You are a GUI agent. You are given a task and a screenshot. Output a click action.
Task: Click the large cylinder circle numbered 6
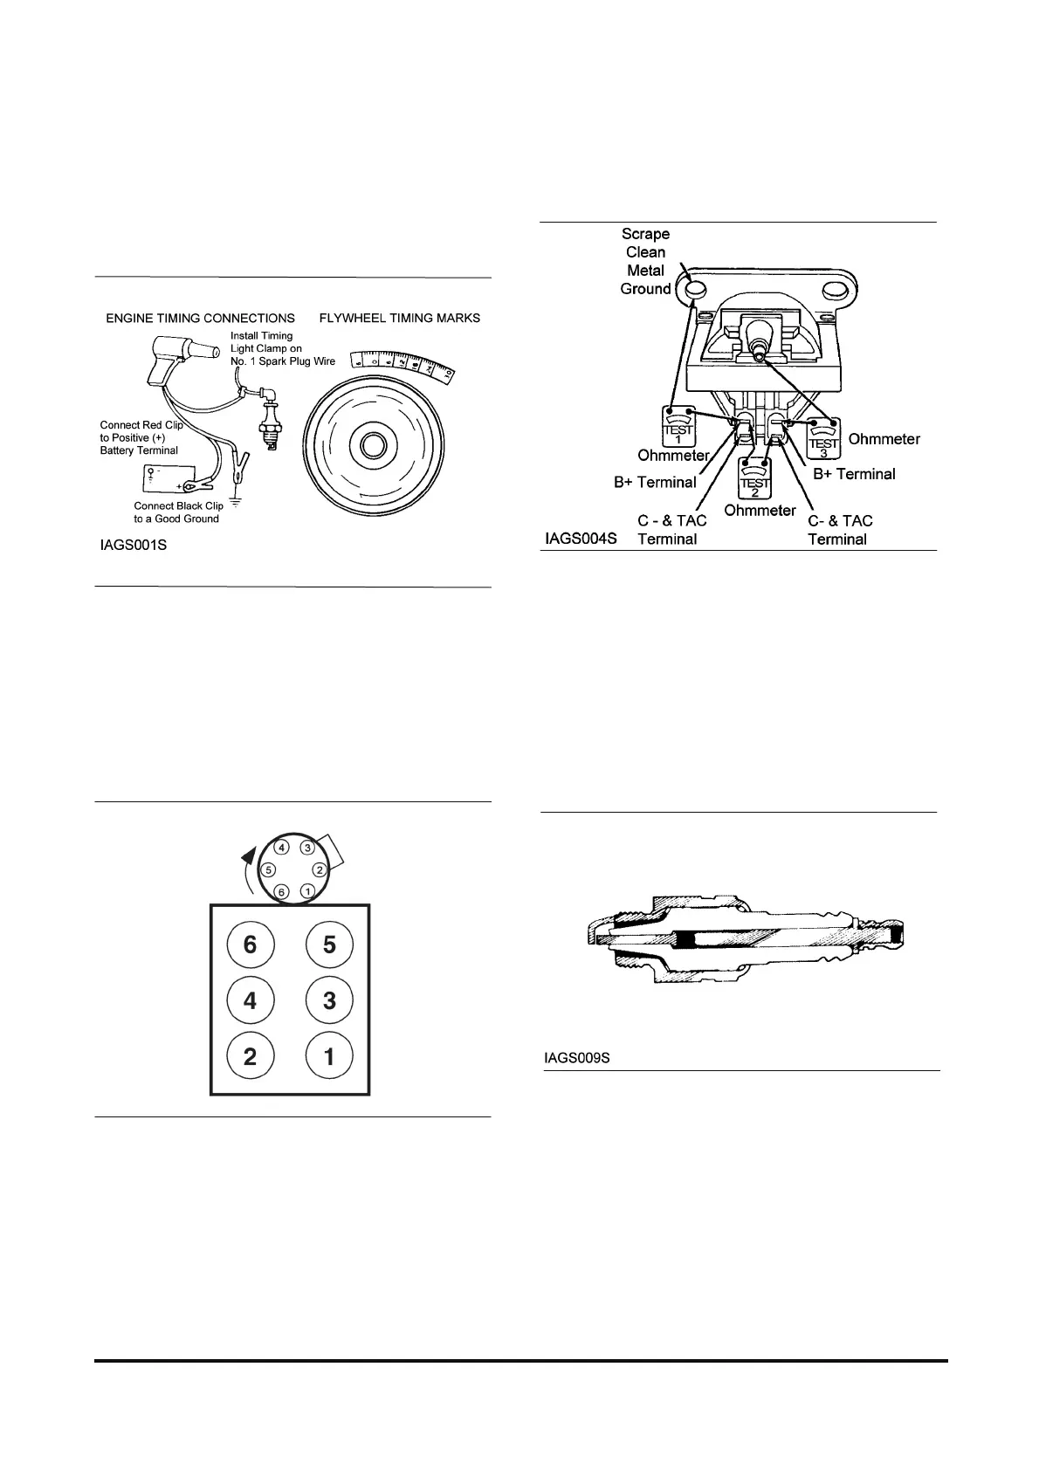(x=251, y=945)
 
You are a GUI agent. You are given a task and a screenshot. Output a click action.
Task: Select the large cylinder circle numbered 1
(x=329, y=1057)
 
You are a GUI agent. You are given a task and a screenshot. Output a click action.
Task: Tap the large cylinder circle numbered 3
(x=329, y=1000)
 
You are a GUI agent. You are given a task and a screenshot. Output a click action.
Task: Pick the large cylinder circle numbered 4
(x=251, y=1000)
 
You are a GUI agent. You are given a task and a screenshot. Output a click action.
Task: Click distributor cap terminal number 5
(x=269, y=869)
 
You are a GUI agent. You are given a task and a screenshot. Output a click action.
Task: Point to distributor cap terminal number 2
(x=320, y=869)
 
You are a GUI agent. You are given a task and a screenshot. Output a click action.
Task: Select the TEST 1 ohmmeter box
(x=678, y=426)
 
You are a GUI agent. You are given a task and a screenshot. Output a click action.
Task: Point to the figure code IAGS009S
(x=576, y=1058)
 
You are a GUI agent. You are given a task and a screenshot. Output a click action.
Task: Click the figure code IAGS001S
(x=133, y=547)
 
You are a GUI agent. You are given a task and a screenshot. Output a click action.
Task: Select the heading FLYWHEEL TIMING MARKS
(x=400, y=318)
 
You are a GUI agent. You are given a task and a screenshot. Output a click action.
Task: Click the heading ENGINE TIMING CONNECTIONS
(x=200, y=318)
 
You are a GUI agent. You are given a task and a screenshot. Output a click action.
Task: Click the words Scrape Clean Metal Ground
(x=645, y=261)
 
